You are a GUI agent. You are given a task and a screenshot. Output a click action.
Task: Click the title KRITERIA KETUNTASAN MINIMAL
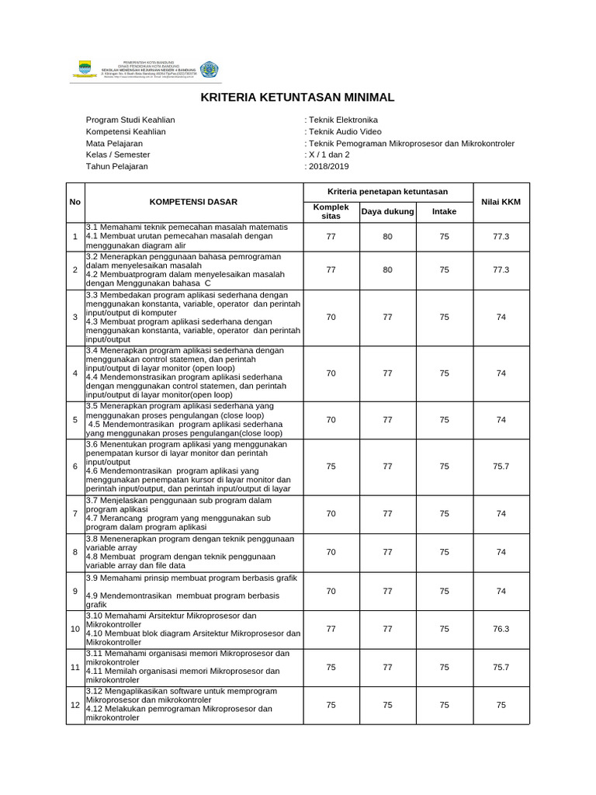click(x=298, y=98)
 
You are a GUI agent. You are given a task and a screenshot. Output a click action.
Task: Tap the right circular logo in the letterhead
click(x=209, y=69)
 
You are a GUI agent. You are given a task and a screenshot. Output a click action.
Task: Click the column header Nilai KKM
click(x=501, y=202)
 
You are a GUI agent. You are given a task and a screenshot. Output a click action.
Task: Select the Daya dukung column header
click(x=387, y=211)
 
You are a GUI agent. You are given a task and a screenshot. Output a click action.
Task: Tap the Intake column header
click(x=444, y=211)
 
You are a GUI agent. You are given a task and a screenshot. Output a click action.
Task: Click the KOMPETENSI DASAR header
click(x=193, y=202)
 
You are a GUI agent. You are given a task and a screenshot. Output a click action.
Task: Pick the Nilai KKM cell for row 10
click(x=501, y=629)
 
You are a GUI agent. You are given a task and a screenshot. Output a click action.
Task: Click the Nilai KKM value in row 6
click(x=501, y=467)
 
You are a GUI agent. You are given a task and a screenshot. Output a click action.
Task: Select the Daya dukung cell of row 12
click(x=387, y=705)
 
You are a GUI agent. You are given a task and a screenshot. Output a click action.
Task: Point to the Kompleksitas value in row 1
click(x=331, y=236)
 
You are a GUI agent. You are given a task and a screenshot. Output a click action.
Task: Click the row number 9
click(x=75, y=592)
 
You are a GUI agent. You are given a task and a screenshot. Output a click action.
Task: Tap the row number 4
click(x=75, y=373)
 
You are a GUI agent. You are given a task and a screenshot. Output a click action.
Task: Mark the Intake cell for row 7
click(x=444, y=514)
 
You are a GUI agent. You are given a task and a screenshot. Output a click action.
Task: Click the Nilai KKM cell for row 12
click(x=501, y=705)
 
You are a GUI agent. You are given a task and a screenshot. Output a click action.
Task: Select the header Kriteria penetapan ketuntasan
click(x=387, y=192)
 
